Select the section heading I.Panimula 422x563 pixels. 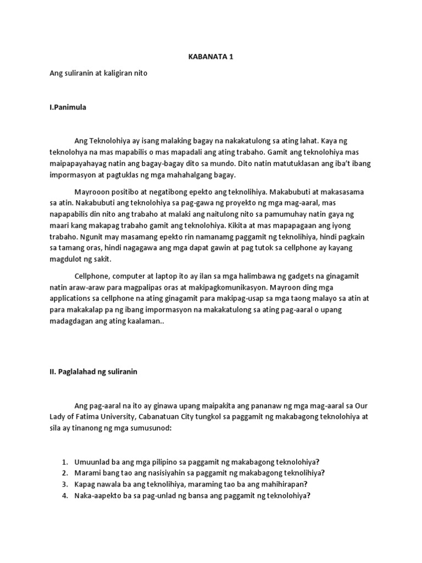[68, 107]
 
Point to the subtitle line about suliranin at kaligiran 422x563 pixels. [99, 73]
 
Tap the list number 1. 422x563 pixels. [64, 462]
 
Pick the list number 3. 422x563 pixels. [64, 484]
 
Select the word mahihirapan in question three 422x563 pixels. [283, 484]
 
